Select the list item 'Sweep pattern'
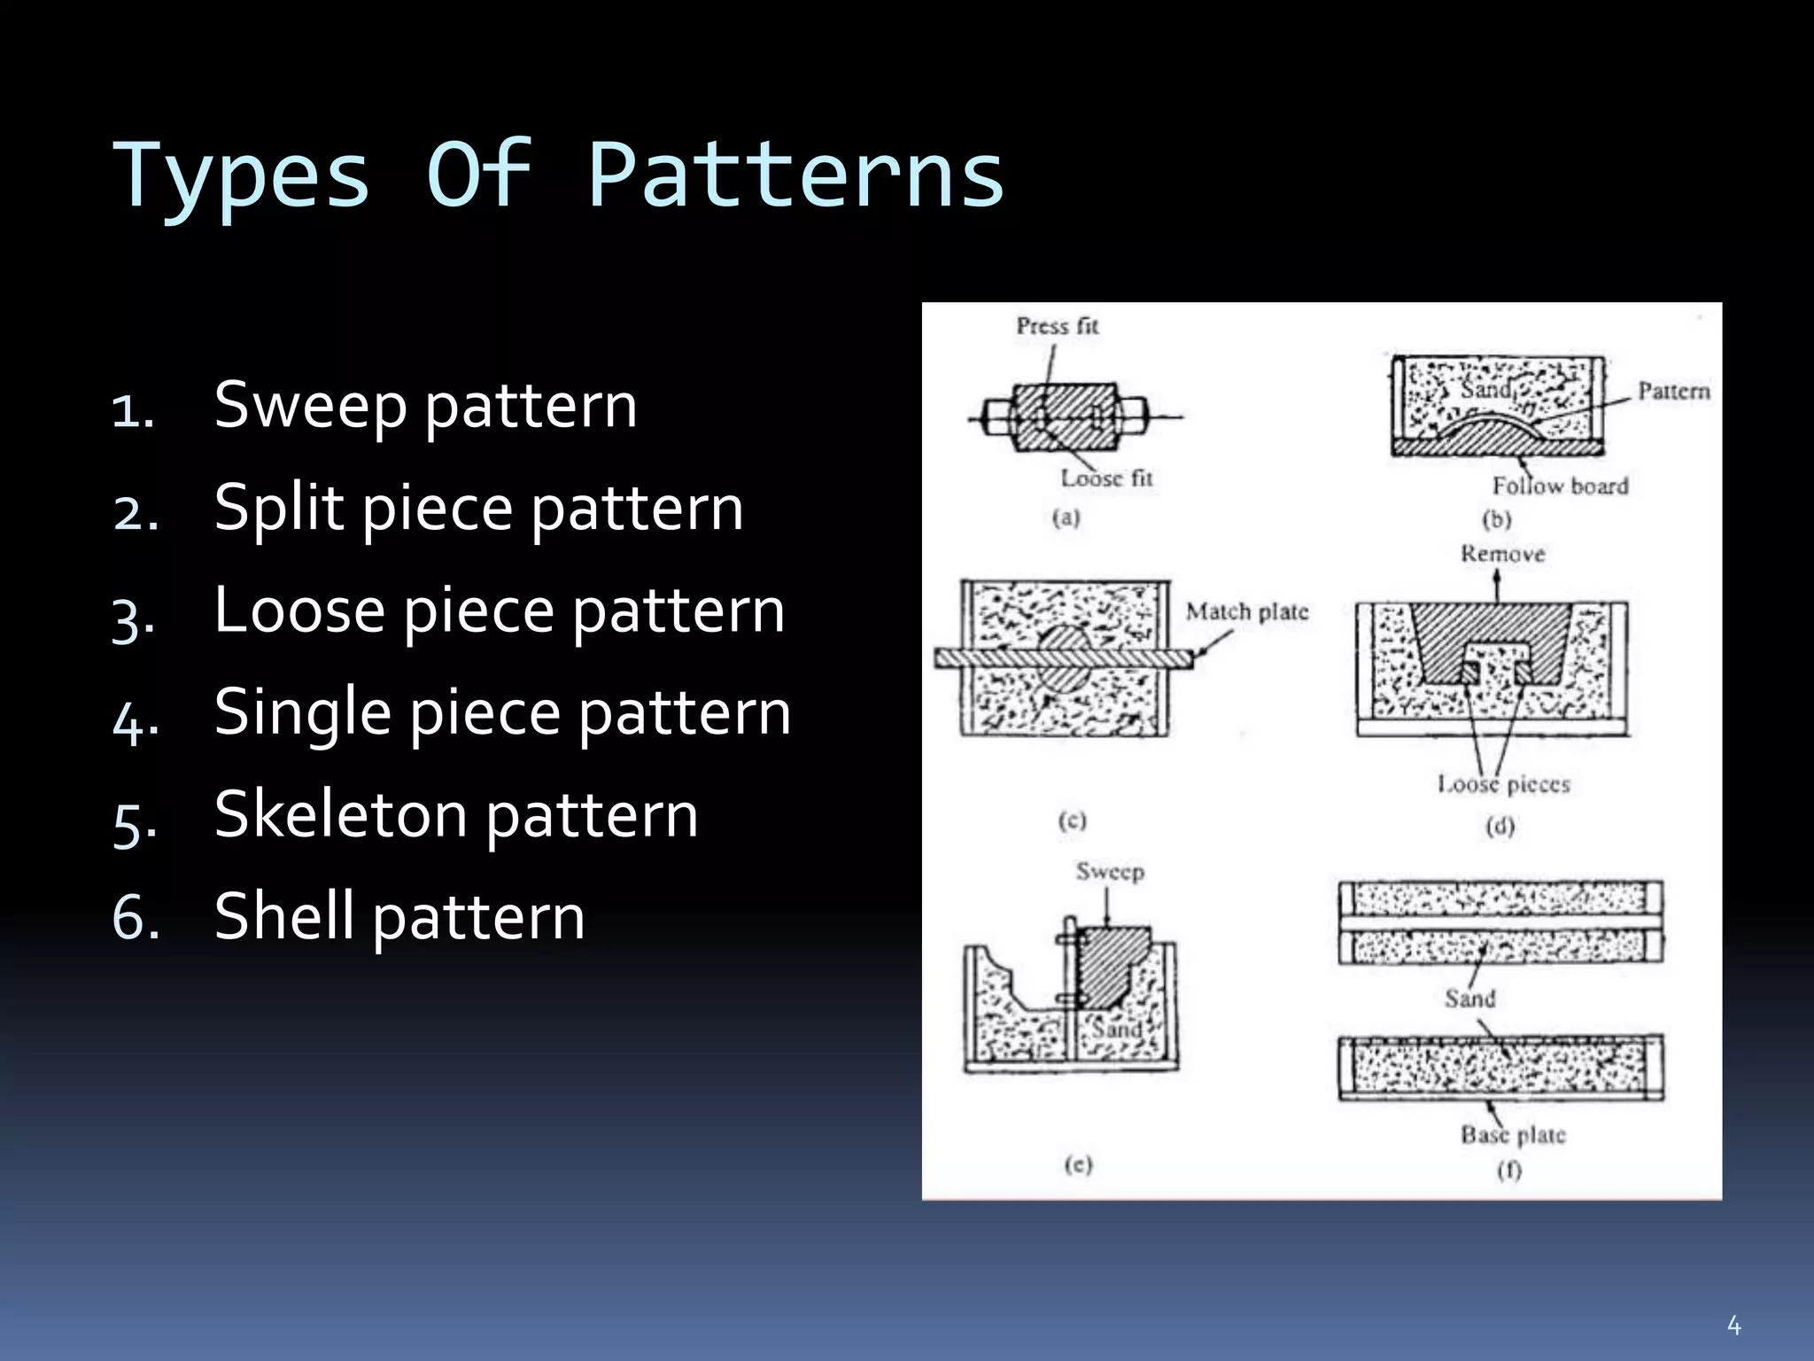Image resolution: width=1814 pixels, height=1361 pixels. click(425, 405)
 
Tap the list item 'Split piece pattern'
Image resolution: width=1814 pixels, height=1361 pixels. click(478, 508)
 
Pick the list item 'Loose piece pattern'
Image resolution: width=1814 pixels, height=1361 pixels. click(500, 611)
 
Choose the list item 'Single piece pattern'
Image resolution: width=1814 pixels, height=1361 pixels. click(502, 712)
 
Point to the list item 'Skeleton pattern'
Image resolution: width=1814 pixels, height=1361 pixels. click(456, 814)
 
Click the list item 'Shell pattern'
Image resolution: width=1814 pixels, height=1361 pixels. click(399, 916)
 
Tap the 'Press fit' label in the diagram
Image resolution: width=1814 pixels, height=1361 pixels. click(1057, 326)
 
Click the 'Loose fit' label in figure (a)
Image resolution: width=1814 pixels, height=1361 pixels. click(1106, 478)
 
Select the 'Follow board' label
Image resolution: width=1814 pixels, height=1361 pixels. click(1560, 486)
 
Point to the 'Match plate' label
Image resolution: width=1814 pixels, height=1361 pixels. click(1246, 611)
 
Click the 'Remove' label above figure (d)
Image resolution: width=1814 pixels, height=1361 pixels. click(1502, 555)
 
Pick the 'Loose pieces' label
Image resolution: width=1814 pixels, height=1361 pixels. click(1503, 784)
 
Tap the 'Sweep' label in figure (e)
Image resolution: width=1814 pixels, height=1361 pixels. click(1110, 872)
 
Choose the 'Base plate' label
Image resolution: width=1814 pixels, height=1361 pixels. click(1513, 1135)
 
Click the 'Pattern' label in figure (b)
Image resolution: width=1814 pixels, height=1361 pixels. click(1673, 391)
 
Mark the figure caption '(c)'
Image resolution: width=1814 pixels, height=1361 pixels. click(1072, 820)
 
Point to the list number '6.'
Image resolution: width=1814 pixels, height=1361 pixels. click(136, 916)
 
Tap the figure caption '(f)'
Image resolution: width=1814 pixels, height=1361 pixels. click(1509, 1170)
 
